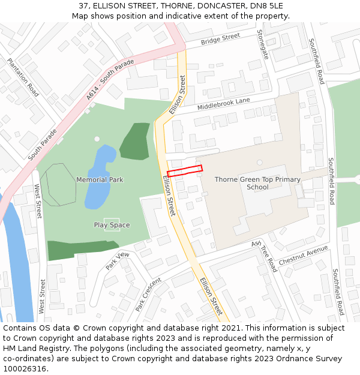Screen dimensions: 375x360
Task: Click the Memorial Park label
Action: point(100,179)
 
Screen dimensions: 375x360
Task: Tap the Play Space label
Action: point(112,225)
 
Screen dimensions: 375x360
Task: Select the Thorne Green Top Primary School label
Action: point(257,183)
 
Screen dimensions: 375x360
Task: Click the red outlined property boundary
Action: point(185,170)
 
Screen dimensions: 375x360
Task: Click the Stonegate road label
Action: point(263,44)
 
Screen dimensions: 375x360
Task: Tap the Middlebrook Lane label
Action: point(224,104)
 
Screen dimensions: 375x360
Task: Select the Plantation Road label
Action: point(23,77)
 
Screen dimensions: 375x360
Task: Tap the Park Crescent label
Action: point(148,294)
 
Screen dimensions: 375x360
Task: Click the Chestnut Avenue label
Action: point(303,255)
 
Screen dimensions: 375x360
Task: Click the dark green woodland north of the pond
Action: point(136,142)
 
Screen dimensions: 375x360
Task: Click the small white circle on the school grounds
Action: point(260,162)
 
